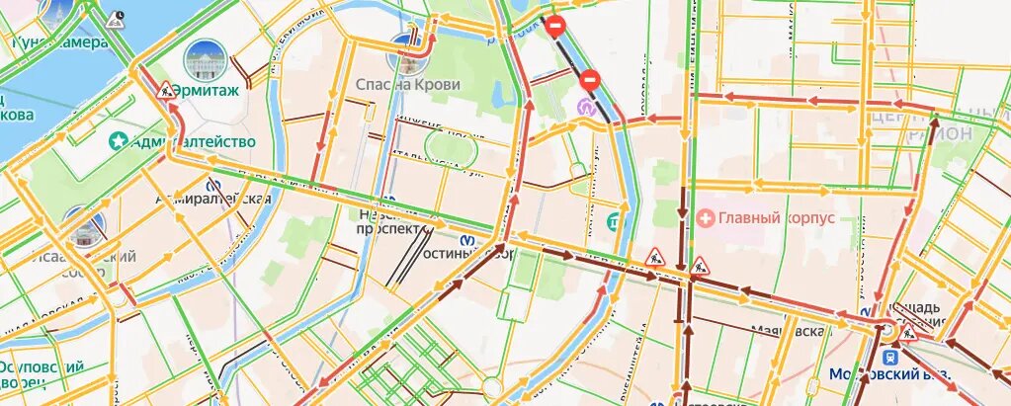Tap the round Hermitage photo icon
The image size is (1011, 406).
(205, 59)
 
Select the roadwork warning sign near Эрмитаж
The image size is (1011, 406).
(166, 91)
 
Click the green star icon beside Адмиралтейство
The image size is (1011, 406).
(121, 141)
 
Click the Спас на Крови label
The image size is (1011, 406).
(408, 85)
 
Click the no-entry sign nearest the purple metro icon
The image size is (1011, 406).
(590, 79)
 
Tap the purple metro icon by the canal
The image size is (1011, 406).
(587, 103)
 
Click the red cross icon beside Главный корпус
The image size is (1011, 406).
(706, 216)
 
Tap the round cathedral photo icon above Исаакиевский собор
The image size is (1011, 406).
(83, 226)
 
